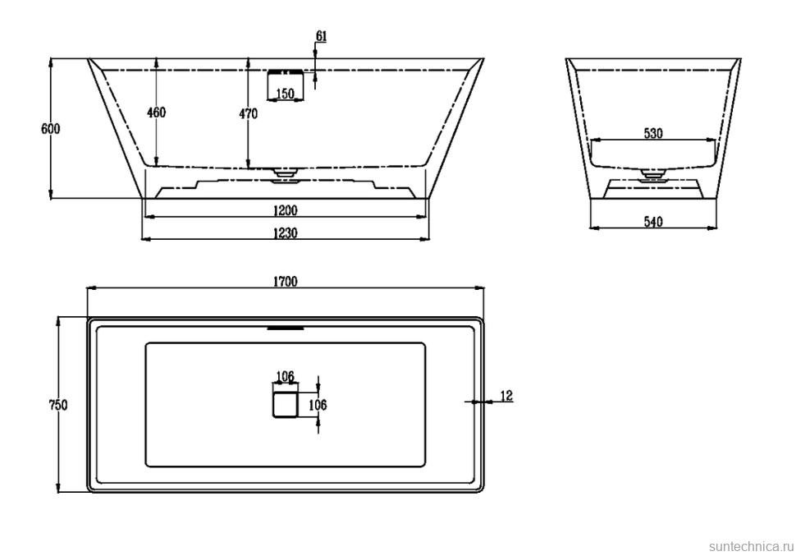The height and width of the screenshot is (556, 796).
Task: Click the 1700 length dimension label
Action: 286,282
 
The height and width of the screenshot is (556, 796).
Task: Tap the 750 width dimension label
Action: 58,405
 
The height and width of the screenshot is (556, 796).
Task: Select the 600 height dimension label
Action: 50,129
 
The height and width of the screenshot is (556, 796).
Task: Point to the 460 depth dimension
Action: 157,113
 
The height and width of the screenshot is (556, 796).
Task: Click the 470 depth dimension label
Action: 249,114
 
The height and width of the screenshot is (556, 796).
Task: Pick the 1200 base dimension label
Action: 286,210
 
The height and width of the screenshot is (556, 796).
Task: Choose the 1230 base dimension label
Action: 286,233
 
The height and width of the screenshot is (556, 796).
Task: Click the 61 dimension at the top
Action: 322,36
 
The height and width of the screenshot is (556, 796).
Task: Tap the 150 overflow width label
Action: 285,94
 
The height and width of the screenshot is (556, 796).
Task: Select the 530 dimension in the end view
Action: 653,133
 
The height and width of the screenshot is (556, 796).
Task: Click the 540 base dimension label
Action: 653,222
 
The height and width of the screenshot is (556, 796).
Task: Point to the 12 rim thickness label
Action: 506,395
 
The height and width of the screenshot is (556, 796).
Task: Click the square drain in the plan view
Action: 285,405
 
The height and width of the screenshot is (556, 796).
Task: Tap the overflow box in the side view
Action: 285,86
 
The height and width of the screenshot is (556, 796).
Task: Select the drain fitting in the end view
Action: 653,174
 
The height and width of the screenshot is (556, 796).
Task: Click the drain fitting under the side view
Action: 285,174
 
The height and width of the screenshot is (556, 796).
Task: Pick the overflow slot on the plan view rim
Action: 286,328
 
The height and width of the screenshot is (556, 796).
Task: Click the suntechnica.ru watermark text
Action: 751,547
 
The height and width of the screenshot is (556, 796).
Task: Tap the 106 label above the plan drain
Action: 285,377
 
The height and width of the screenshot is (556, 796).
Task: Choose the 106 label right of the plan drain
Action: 318,405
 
